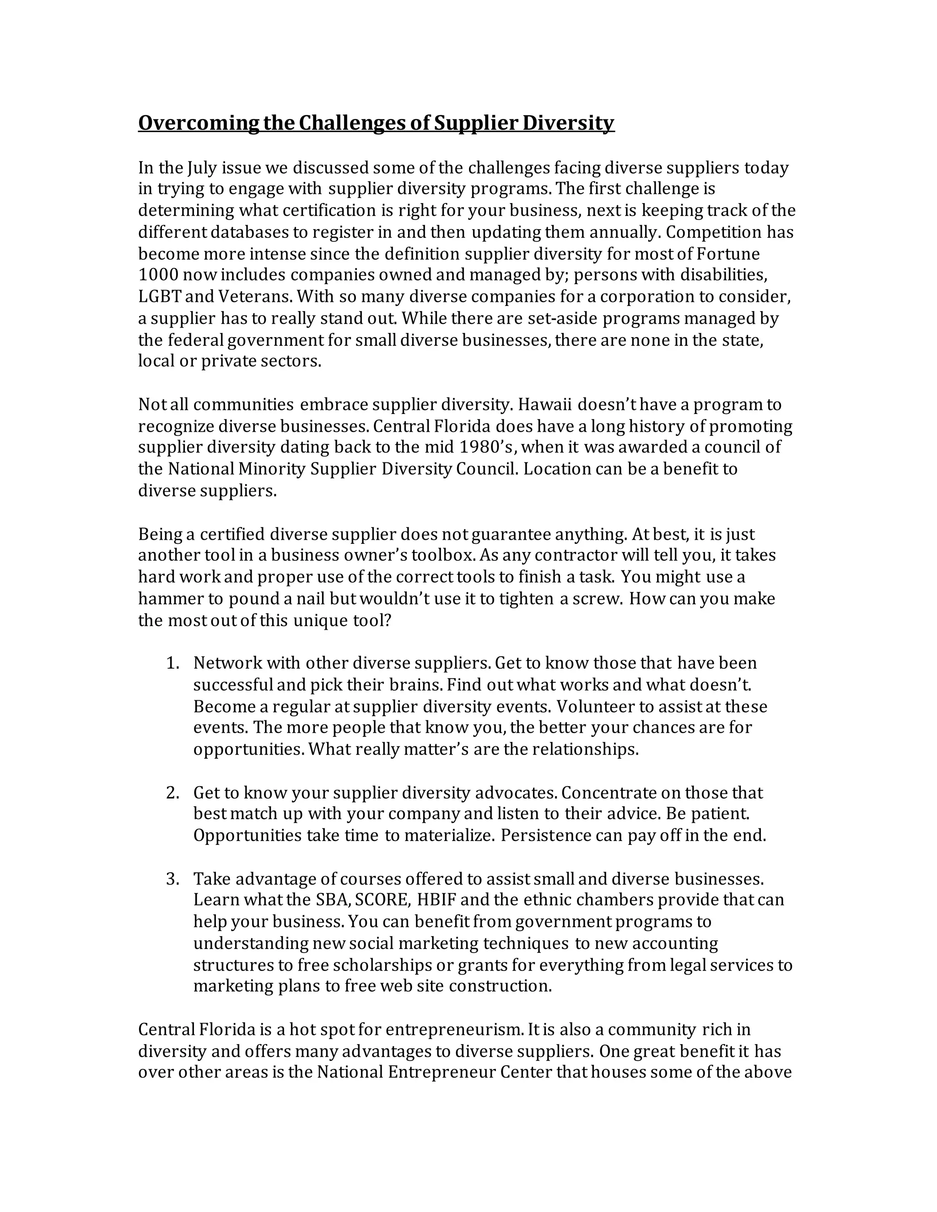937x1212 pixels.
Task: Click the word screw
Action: [x=597, y=599]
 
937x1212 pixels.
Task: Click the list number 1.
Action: [x=172, y=663]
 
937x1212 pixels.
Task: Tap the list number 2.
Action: [x=172, y=793]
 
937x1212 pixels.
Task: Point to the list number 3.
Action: [x=172, y=879]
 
